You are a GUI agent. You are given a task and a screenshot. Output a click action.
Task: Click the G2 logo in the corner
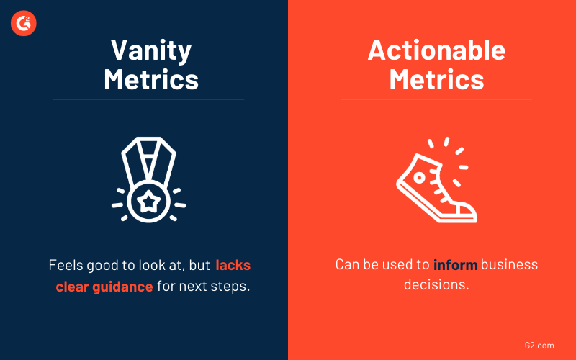coord(24,24)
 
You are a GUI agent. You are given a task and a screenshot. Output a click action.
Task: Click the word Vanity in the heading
coord(151,50)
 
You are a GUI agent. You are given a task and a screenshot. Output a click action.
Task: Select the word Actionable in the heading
coord(436,50)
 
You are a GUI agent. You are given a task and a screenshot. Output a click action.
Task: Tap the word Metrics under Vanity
coord(151,78)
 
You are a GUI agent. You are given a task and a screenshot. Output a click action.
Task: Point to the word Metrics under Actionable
coord(436,78)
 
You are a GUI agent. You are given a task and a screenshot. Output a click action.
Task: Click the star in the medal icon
coord(148,199)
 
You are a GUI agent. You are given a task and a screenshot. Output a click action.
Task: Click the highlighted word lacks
coord(233,264)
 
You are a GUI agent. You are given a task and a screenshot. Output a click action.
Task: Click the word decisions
coord(436,286)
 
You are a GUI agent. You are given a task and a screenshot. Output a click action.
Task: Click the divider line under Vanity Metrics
coord(148,99)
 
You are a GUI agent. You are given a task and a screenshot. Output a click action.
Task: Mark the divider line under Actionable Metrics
coord(436,99)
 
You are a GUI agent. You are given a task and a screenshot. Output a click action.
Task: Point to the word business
coord(509,264)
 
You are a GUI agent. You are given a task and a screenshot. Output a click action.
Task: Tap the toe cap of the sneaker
coord(464,212)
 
